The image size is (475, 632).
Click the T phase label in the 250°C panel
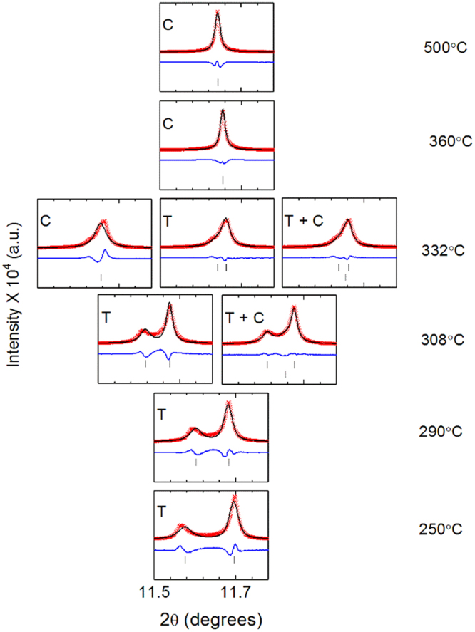163,510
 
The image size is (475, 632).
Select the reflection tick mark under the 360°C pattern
223,179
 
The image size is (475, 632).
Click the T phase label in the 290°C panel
163,412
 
